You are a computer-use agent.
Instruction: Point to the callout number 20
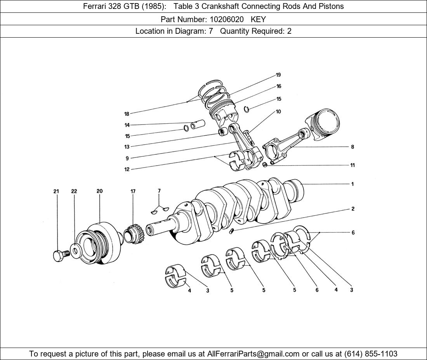[x=100, y=191]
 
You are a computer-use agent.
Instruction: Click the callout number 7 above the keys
[x=159, y=191]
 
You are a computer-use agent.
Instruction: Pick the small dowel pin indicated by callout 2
[x=231, y=232]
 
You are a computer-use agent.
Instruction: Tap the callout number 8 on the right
[x=352, y=147]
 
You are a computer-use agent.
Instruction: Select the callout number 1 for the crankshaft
[x=352, y=184]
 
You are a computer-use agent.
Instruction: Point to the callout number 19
[x=278, y=75]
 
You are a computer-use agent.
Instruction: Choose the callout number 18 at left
[x=127, y=114]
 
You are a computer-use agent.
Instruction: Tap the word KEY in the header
[x=258, y=19]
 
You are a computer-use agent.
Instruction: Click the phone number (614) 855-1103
[x=371, y=354]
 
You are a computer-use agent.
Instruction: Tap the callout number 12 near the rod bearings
[x=127, y=170]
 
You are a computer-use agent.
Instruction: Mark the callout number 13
[x=127, y=147]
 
